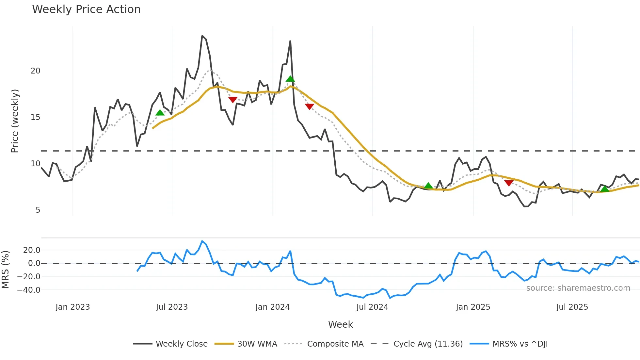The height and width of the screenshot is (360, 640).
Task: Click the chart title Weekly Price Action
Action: (x=86, y=9)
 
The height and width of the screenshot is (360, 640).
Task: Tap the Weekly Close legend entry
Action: (x=181, y=344)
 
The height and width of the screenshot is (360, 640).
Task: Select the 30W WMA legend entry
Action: (x=257, y=344)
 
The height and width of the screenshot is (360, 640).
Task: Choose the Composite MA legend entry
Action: (x=335, y=344)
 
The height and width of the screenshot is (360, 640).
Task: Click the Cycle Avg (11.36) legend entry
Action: (x=428, y=344)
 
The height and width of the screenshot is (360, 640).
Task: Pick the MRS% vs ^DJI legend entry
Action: (x=520, y=344)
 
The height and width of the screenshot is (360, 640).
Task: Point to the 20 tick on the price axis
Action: (x=35, y=71)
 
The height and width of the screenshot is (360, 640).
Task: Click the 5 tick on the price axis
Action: (x=38, y=210)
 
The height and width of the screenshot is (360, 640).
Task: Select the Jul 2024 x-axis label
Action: (x=372, y=307)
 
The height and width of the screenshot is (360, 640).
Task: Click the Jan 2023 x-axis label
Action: (x=72, y=307)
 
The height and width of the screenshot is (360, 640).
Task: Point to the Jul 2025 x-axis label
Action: (x=572, y=307)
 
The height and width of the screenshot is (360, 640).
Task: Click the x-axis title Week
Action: (x=340, y=324)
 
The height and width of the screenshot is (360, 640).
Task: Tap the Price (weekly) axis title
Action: (x=15, y=121)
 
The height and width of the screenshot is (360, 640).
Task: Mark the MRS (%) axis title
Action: (x=5, y=270)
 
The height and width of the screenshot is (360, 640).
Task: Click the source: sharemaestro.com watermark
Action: (x=578, y=288)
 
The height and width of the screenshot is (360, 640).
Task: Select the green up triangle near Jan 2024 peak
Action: (x=290, y=79)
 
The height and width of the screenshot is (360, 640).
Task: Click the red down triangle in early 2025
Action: (x=509, y=183)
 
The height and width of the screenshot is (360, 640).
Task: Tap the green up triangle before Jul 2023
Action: (x=160, y=113)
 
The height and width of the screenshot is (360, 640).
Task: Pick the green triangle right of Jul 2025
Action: (x=605, y=189)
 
